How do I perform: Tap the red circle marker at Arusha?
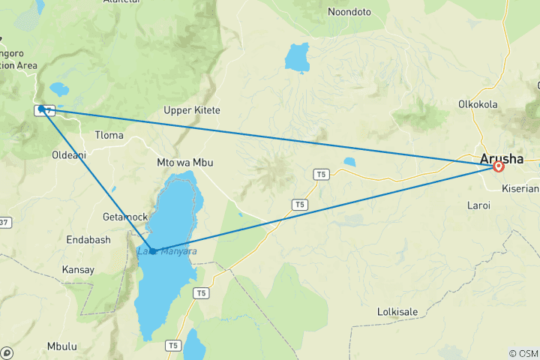pos(498,166)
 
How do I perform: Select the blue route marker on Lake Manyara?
pos(152,250)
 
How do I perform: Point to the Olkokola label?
pos(478,104)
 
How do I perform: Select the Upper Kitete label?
pos(192,110)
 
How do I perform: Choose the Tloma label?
pos(109,135)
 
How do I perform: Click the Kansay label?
pos(78,269)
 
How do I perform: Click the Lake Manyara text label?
pos(168,251)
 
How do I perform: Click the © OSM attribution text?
pos(522,352)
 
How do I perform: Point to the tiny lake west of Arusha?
pos(349,161)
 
